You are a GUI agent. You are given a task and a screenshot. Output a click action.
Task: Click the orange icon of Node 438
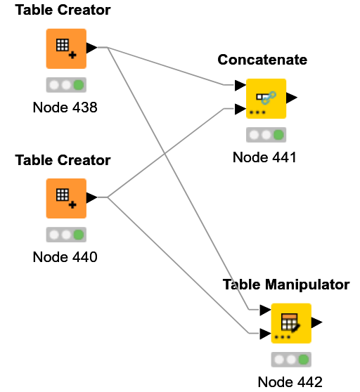(66, 48)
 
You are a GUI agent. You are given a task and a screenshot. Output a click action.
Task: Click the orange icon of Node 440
(66, 198)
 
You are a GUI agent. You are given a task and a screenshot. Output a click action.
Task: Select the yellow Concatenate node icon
(266, 98)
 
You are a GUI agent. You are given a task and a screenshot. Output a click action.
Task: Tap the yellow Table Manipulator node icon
(291, 322)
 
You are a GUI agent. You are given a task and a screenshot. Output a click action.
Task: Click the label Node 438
(65, 107)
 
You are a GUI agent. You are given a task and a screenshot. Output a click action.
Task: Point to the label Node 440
(65, 257)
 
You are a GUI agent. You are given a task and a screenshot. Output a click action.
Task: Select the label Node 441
(264, 157)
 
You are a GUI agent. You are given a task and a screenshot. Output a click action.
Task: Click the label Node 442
(290, 382)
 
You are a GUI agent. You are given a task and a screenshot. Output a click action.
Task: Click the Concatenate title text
(262, 60)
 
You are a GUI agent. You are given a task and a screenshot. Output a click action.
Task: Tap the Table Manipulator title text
(286, 285)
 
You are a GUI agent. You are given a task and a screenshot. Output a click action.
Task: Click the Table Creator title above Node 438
(63, 11)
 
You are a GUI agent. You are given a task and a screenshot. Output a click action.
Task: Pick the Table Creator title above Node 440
(63, 160)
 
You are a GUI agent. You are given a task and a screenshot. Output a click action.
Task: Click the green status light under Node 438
(79, 85)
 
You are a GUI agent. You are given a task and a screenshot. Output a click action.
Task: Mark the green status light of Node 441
(278, 135)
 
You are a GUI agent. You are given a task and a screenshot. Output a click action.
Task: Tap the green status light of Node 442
(304, 360)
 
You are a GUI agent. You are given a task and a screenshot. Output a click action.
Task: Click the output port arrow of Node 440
(91, 198)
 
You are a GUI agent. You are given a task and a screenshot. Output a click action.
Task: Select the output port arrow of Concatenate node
(292, 98)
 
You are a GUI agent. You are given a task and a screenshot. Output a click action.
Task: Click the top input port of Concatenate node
(240, 86)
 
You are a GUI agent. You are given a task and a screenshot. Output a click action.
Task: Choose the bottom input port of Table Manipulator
(265, 334)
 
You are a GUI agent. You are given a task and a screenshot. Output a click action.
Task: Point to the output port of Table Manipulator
(317, 322)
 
